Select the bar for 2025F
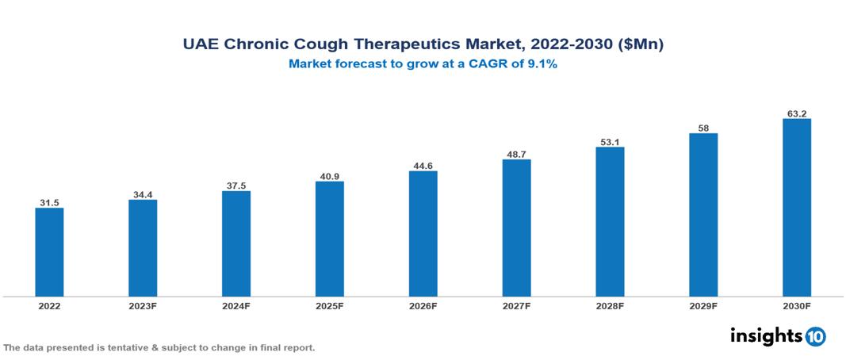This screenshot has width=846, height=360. (x=329, y=239)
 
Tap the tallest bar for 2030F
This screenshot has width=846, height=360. (x=796, y=208)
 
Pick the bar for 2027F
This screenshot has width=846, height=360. (x=516, y=228)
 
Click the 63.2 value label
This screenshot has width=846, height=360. (x=796, y=113)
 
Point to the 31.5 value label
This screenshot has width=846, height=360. (x=49, y=202)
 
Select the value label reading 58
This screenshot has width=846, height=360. (x=703, y=127)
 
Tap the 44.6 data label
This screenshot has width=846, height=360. (x=423, y=165)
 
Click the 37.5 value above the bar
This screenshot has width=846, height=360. (x=236, y=185)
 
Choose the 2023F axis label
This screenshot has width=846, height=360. (x=143, y=305)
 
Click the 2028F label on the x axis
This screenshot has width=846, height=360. (x=610, y=305)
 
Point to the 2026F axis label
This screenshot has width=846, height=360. (x=423, y=305)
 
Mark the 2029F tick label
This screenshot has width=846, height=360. (x=703, y=305)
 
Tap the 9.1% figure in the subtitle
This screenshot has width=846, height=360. (x=543, y=64)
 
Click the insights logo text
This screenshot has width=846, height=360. (x=765, y=335)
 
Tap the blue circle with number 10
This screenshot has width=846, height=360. (x=815, y=336)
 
